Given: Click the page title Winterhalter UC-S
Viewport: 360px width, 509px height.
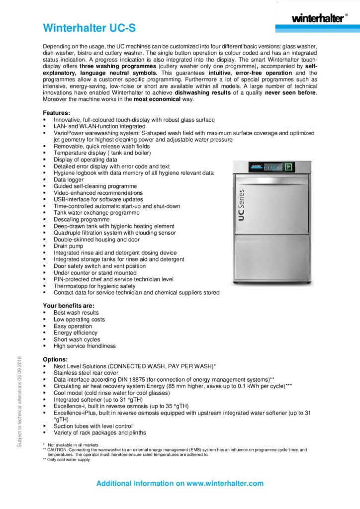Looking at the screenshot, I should [89, 28].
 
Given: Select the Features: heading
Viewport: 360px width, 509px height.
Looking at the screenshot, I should [56, 113].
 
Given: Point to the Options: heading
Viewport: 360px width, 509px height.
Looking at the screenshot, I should [55, 359].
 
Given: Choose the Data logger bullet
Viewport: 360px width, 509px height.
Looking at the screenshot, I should [69, 179].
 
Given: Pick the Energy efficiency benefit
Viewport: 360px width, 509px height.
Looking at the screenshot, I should [76, 333].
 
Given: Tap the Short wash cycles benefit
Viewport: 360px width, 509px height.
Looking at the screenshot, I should [77, 339].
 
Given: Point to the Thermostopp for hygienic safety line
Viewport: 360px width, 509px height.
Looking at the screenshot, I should [94, 286].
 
